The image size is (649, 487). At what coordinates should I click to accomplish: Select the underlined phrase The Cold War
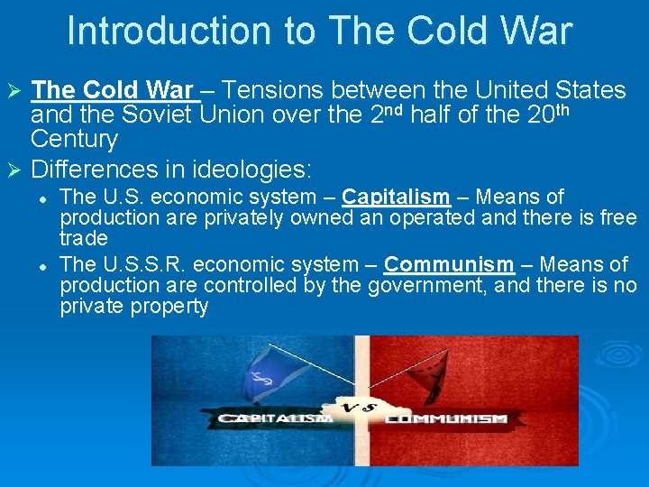(x=113, y=90)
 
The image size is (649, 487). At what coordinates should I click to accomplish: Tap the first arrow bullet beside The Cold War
(x=14, y=91)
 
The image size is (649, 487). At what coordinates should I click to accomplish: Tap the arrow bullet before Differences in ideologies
(x=14, y=169)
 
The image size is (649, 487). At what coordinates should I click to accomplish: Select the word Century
(x=74, y=140)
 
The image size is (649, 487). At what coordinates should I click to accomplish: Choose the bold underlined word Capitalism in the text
(x=396, y=197)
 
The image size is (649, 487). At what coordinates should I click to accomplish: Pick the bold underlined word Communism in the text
(x=448, y=264)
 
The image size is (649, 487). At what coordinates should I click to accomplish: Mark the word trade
(x=84, y=239)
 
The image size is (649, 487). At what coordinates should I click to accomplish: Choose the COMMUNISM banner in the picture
(x=448, y=418)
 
